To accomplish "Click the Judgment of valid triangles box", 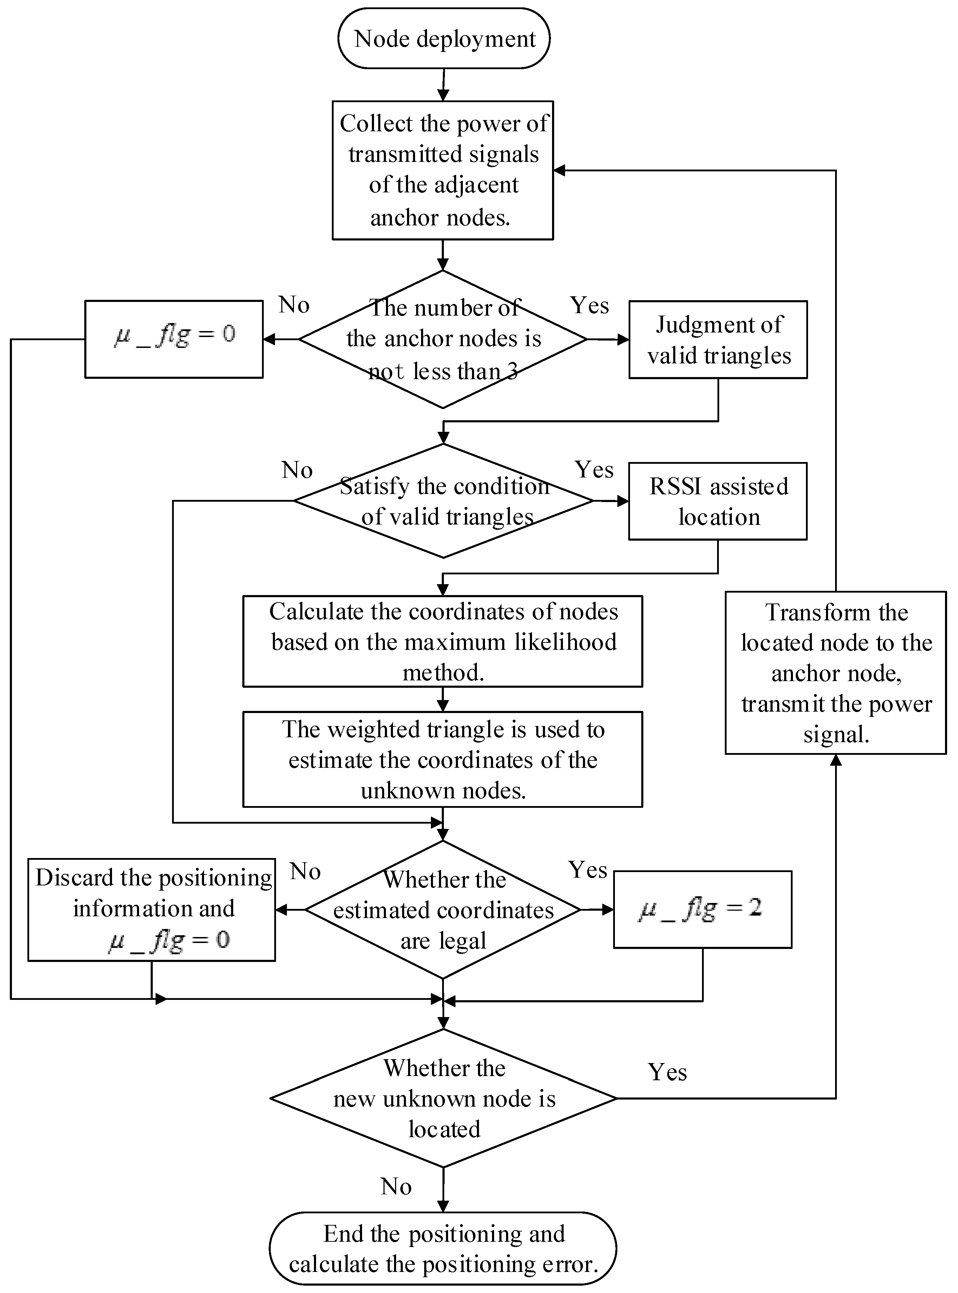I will [718, 340].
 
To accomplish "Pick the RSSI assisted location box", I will [718, 501].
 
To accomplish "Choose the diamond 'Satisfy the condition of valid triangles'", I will [444, 501].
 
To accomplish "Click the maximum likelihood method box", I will [442, 641].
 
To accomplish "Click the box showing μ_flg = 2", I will [702, 909].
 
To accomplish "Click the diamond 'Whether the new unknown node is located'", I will [444, 1098].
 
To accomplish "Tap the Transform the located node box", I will [836, 673].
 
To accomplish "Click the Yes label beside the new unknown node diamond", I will [667, 1072].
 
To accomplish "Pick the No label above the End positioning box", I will [396, 1187].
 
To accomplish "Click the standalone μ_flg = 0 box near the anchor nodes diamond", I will [174, 339].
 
